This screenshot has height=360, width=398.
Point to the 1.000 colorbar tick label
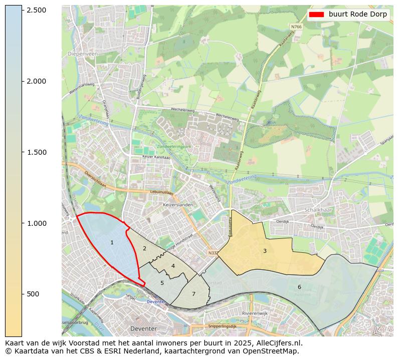coord(37,223)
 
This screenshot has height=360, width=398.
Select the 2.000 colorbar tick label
coord(37,81)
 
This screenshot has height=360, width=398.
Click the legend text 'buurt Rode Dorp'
coord(358,15)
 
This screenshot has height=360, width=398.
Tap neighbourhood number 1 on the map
coord(112,243)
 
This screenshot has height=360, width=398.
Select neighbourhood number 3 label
coord(265,251)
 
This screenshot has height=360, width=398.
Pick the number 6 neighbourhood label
coord(299,287)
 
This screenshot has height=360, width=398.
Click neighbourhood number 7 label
coord(193,294)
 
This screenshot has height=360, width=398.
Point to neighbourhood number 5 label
coord(162,283)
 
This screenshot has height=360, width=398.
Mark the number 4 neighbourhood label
coord(173,266)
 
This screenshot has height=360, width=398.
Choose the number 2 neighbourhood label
coord(144,248)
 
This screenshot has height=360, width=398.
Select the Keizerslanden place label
coord(178,205)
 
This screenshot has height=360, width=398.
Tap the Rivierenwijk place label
coord(255,313)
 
